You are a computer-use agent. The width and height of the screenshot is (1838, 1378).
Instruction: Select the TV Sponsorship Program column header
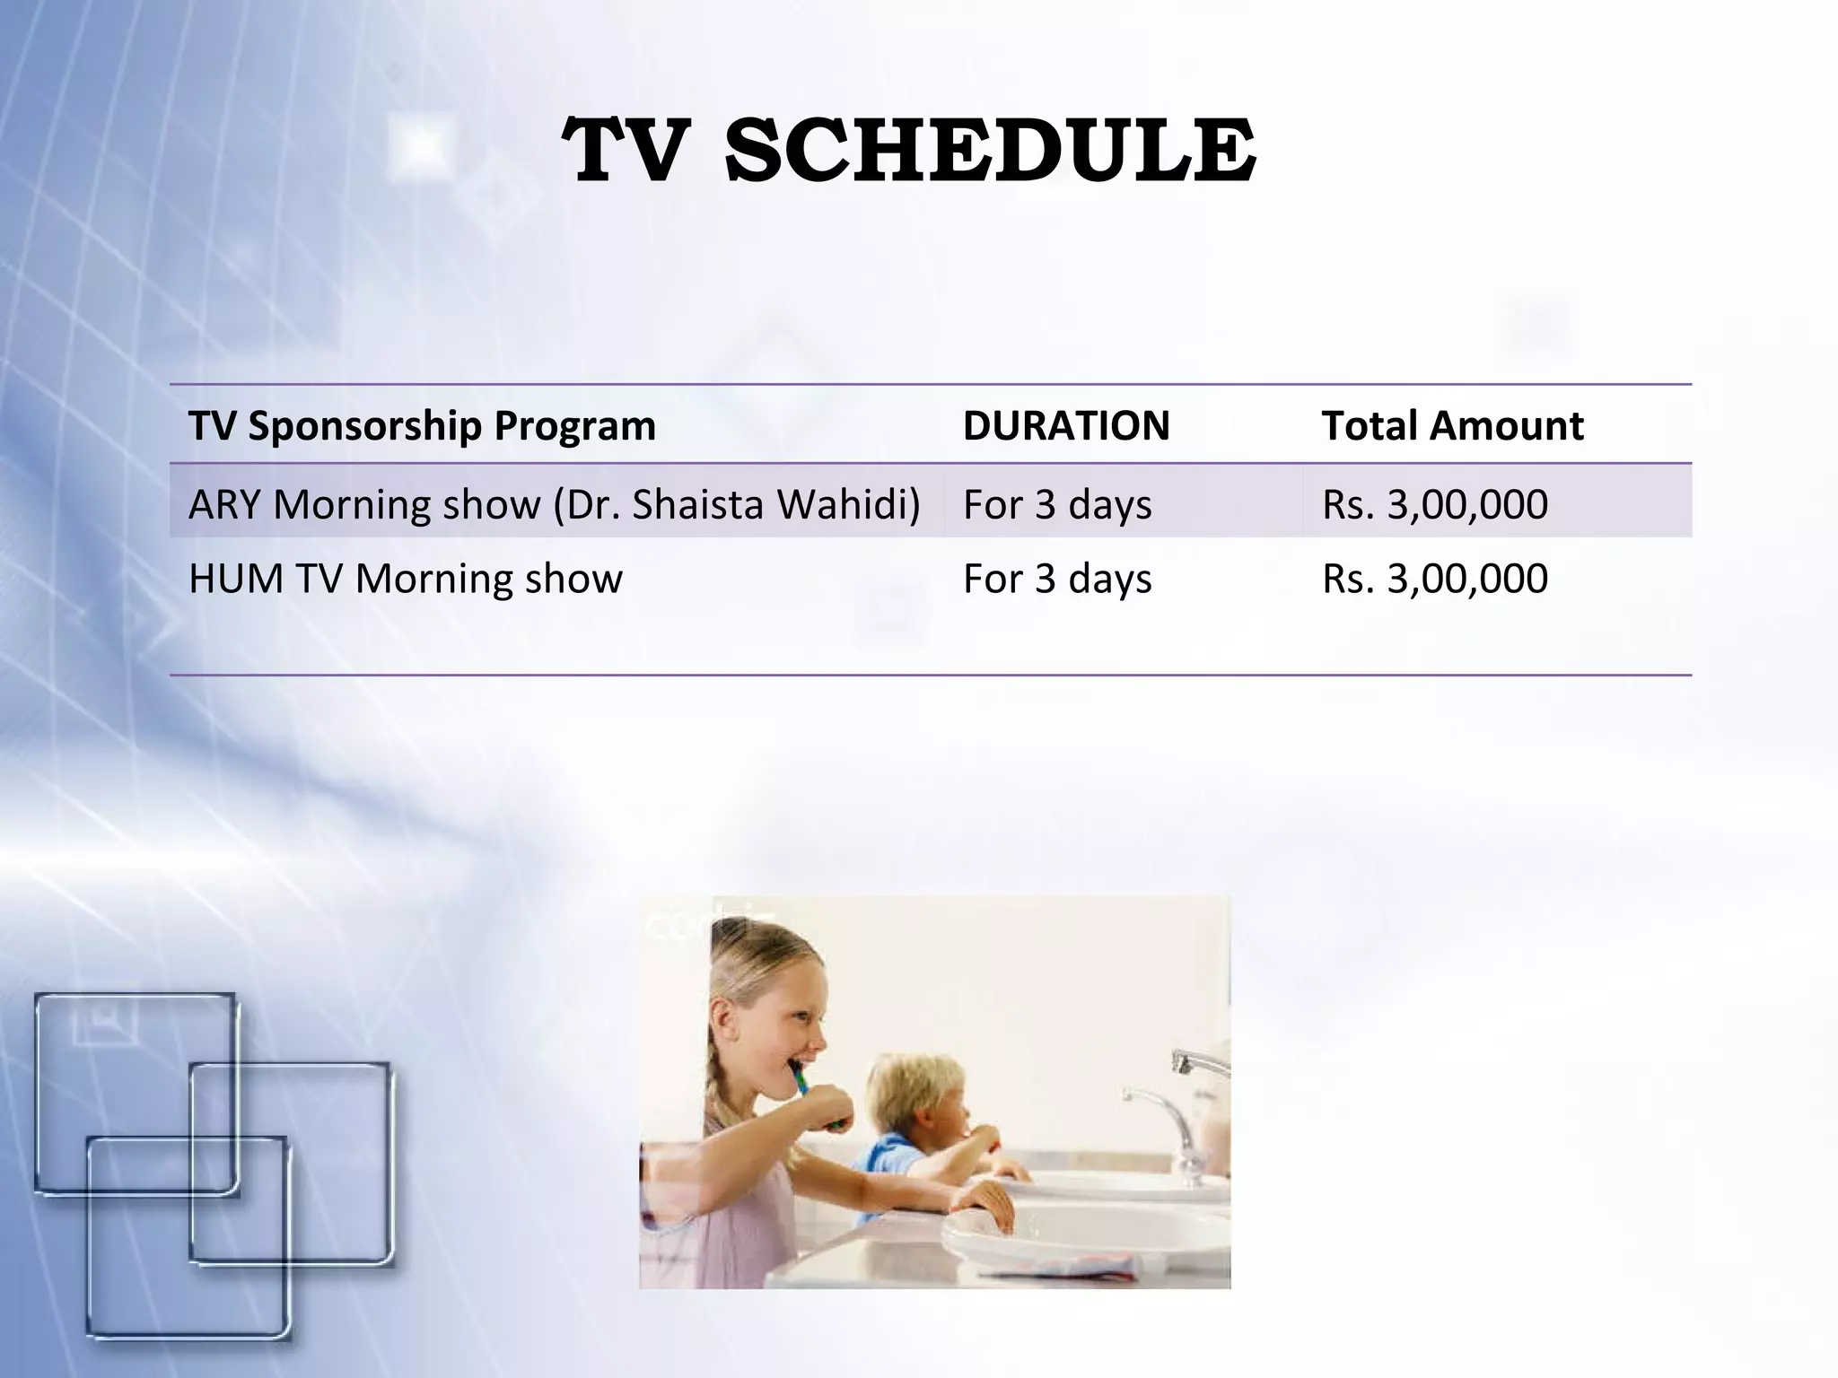click(x=422, y=425)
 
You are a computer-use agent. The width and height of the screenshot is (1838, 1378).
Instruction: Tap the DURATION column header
click(x=1066, y=425)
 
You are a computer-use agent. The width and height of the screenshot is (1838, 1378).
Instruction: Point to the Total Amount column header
click(x=1452, y=425)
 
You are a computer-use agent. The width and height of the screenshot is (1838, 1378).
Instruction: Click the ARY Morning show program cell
click(x=554, y=504)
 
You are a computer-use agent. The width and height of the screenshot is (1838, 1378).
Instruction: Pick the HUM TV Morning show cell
click(x=405, y=579)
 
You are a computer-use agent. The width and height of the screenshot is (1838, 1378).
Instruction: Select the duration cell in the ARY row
click(x=1057, y=504)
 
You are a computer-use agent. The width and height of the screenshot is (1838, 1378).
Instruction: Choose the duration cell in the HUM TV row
click(x=1057, y=579)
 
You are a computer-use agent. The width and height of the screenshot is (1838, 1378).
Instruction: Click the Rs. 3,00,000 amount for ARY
click(x=1434, y=504)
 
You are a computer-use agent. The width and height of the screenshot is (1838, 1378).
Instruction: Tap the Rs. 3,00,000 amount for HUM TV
click(x=1434, y=579)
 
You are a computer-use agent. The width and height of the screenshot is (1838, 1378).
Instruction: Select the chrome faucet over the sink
click(x=1167, y=1112)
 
